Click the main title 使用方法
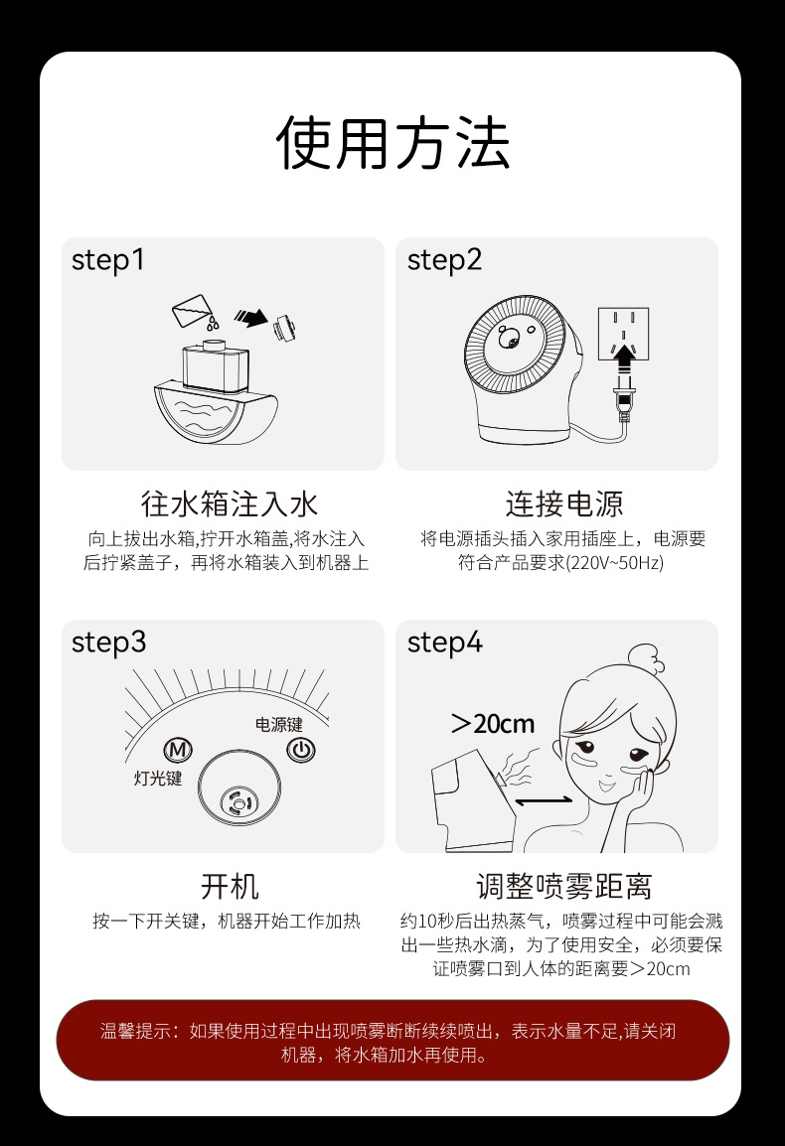(x=392, y=144)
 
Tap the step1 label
(x=108, y=260)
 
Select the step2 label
(x=444, y=260)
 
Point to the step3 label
(x=108, y=643)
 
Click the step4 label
(x=444, y=643)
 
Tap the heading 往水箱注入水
(x=230, y=503)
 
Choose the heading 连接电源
(x=563, y=503)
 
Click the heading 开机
(x=230, y=886)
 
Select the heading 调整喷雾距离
(x=563, y=886)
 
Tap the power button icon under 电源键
(x=300, y=750)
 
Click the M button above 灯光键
(x=180, y=750)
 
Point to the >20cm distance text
(x=493, y=724)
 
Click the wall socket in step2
(x=623, y=330)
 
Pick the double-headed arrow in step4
(x=544, y=800)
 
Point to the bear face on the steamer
(x=515, y=338)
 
